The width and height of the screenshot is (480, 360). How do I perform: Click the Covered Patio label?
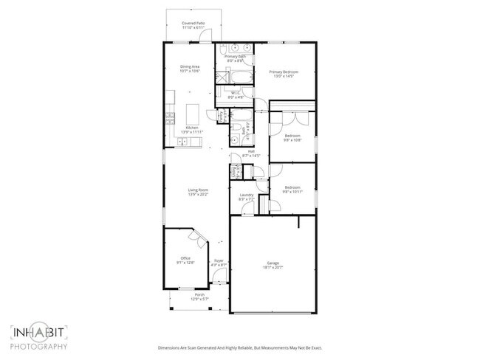click(x=194, y=24)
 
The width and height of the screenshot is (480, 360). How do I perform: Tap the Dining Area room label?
click(x=191, y=67)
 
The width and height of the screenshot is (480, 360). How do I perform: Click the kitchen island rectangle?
click(x=194, y=114)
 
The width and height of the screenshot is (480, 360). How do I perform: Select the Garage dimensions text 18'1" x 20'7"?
click(x=272, y=267)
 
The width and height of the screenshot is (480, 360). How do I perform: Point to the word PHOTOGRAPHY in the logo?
click(x=40, y=347)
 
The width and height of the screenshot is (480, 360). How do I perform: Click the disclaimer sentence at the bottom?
click(x=240, y=347)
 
